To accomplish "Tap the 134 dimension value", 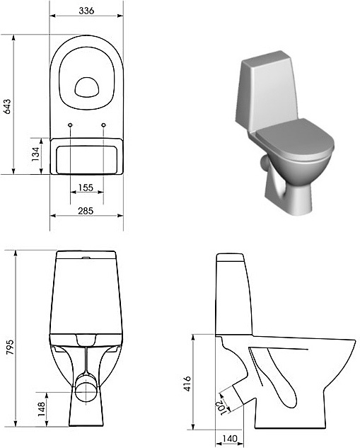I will point(35,156).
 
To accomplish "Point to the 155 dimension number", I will point(87,188).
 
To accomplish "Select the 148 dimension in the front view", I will point(41,408).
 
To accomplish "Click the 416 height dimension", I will point(187,383).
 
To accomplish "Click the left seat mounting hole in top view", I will point(71,126).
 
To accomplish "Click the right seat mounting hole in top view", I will point(103,126).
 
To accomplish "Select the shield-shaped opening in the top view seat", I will point(87,86).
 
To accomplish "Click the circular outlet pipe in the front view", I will point(87,386).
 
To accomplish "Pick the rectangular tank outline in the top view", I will point(87,156).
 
